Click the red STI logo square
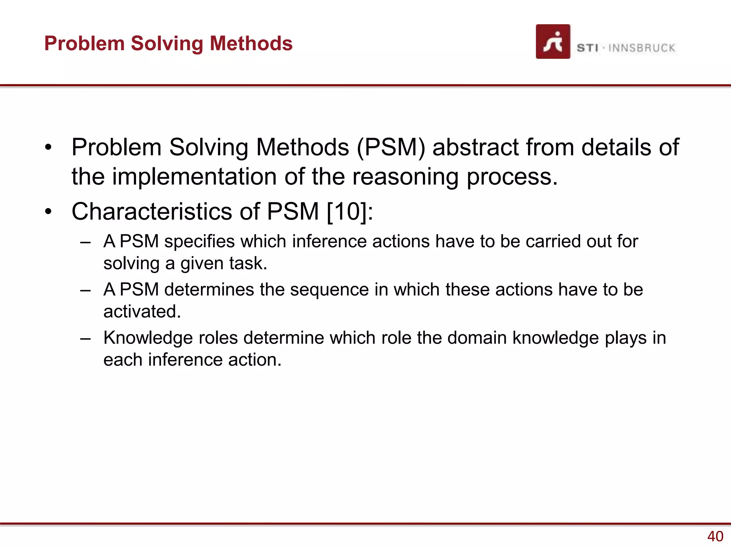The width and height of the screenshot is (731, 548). pos(553,41)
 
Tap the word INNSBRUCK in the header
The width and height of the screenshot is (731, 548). pos(641,48)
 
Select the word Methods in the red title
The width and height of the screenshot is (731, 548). pos(251,44)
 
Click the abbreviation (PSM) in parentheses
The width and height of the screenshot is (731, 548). pos(391,147)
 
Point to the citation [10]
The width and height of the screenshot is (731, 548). pos(347,212)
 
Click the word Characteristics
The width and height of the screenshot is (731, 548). pos(152,212)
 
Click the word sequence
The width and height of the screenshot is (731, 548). pos(329,290)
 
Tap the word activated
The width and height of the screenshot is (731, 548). pos(142,311)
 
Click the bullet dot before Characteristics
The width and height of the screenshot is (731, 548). pos(49,212)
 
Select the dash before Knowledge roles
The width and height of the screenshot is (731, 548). pos(85,338)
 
